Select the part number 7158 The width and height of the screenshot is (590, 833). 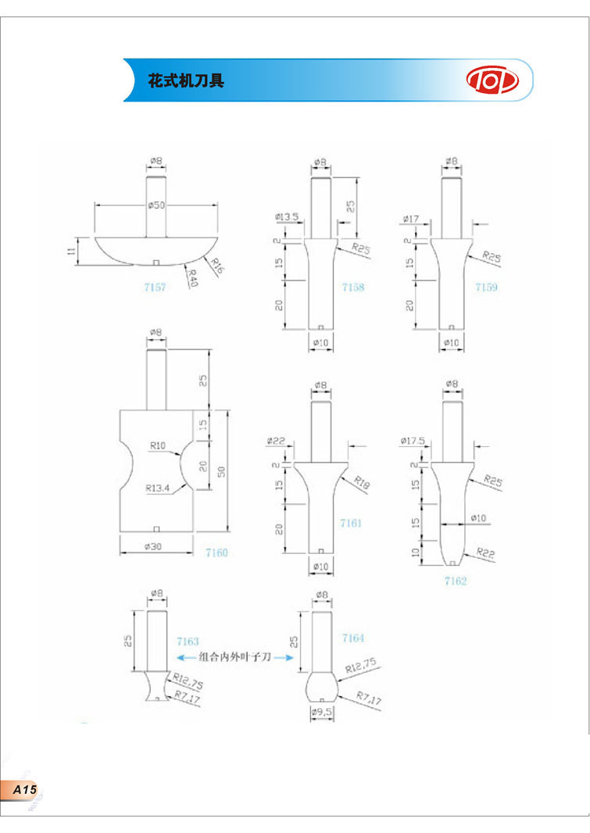(353, 288)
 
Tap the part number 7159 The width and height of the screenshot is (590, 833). (486, 288)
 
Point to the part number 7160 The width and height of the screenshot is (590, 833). (216, 552)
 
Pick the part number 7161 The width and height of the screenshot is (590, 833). (351, 523)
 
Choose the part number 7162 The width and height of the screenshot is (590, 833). (455, 581)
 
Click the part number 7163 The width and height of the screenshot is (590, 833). (188, 641)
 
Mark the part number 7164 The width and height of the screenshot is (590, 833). (353, 638)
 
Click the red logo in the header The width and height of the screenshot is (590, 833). (492, 80)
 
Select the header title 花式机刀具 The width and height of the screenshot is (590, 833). (186, 80)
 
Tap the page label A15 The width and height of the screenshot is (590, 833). (23, 791)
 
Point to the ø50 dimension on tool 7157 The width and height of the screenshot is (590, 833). (156, 205)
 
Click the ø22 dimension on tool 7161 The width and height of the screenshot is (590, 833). (277, 442)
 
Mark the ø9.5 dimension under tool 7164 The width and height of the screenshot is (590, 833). (322, 713)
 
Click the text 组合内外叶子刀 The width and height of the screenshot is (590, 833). (234, 658)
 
